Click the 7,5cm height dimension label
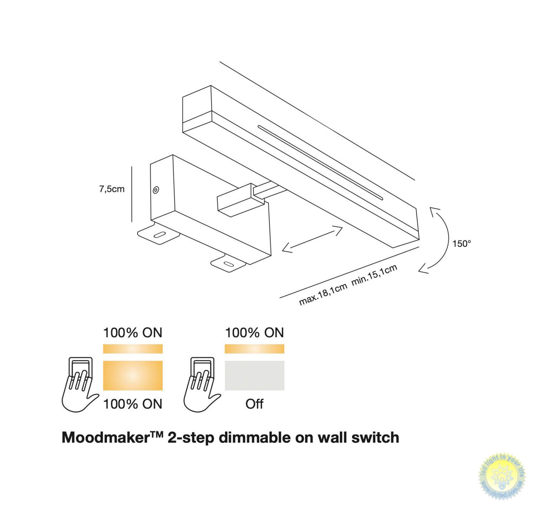click(112, 189)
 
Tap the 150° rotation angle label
click(462, 244)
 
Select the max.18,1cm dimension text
click(323, 295)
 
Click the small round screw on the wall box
click(156, 190)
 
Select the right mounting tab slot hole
click(227, 264)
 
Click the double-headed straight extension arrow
click(312, 240)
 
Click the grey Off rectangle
click(254, 376)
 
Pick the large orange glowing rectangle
click(133, 376)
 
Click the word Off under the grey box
click(254, 404)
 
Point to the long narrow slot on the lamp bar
click(320, 161)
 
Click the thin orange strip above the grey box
click(254, 349)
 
